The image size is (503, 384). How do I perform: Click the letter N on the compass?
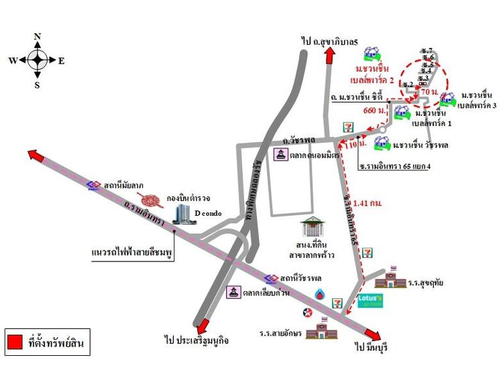click(x=38, y=36)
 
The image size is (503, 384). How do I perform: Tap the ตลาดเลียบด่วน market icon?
click(x=233, y=293)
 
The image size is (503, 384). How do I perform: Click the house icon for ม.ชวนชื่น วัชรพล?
click(x=382, y=142)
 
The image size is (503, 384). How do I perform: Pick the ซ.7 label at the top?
click(x=427, y=51)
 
